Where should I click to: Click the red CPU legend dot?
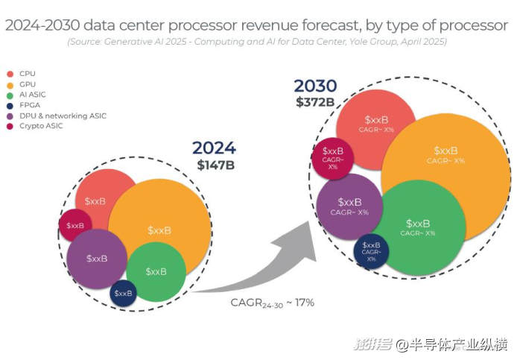coord(9,74)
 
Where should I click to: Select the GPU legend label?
coord(28,84)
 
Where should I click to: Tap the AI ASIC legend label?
coord(33,95)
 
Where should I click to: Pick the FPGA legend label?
coord(30,105)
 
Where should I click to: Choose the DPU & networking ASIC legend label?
coord(63,116)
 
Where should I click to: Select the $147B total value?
coord(215,165)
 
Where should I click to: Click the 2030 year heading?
coord(315,86)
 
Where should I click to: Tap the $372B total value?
coord(315,101)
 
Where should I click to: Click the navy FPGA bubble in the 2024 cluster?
coord(123,293)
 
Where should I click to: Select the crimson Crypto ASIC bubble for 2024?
coord(75,225)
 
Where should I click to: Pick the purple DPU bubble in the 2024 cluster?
coord(96,258)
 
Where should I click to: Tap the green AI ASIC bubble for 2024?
coord(156,271)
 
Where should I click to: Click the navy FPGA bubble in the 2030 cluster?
coord(371,249)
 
